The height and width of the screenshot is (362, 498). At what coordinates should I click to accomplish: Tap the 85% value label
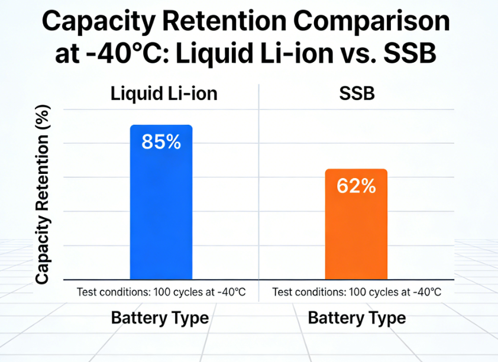(x=161, y=143)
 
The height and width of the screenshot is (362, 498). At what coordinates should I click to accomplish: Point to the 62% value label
(x=356, y=186)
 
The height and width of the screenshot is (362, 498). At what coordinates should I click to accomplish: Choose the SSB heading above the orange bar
(x=357, y=95)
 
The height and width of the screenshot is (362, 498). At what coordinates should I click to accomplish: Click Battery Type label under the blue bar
(x=160, y=318)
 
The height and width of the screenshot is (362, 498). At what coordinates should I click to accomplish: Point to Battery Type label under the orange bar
(x=357, y=318)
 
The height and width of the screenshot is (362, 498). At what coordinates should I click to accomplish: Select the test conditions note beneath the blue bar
(x=161, y=292)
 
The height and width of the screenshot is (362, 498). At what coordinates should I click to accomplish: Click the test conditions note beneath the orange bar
(x=357, y=292)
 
